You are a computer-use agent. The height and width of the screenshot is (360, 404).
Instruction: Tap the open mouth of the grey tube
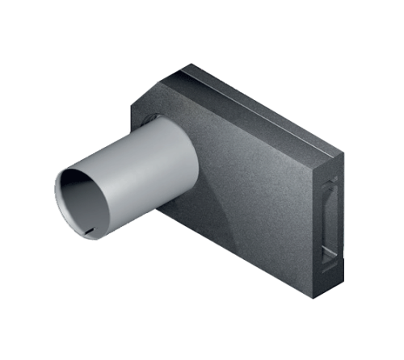81,202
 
